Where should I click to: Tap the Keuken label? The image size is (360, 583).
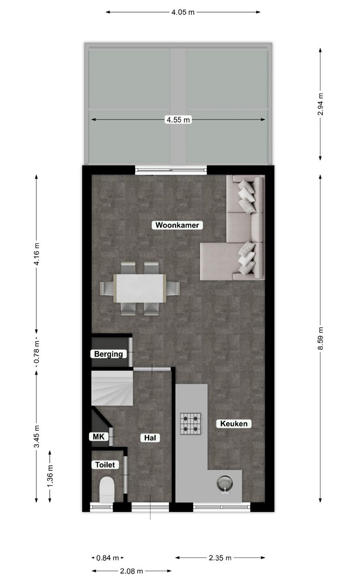234,424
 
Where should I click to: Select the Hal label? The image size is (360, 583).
150,438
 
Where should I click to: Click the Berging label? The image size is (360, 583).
108,354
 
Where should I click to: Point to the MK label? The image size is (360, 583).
98,437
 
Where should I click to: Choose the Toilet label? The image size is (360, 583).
105,465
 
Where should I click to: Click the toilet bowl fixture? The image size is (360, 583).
106,490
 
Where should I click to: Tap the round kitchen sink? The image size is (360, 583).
224,483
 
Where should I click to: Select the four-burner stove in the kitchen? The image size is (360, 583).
191,423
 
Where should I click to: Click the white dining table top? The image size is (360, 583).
139,288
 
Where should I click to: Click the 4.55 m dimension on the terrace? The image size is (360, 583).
178,120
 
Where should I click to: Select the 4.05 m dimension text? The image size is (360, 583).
183,12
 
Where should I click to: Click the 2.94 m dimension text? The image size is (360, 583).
320,104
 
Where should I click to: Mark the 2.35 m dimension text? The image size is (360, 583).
220,558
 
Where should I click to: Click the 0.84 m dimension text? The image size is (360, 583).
107,558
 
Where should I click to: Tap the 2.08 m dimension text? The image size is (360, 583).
131,571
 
